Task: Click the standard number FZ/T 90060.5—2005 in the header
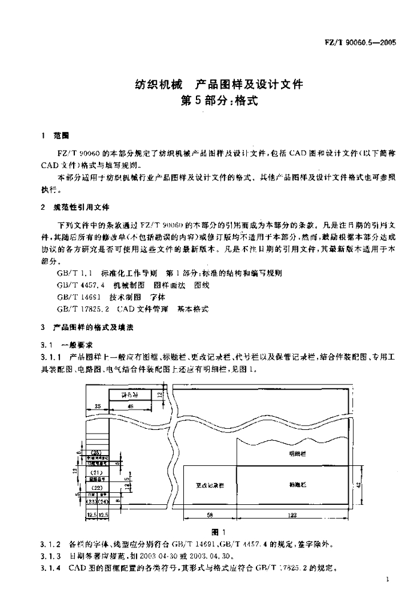pyautogui.click(x=365, y=44)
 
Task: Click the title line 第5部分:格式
pyautogui.click(x=219, y=100)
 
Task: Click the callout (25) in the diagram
pyautogui.click(x=96, y=452)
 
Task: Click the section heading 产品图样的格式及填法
pyautogui.click(x=93, y=328)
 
